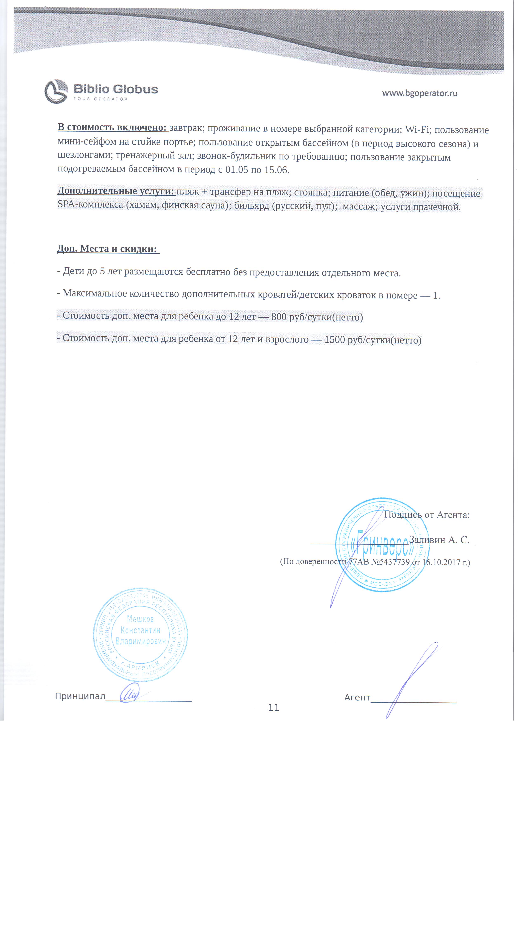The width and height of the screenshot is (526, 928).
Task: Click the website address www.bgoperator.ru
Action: click(x=420, y=93)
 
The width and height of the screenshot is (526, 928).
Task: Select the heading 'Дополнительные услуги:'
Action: click(x=116, y=191)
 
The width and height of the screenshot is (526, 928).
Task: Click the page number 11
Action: click(x=273, y=708)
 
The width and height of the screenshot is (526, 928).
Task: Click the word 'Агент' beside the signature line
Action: click(x=357, y=697)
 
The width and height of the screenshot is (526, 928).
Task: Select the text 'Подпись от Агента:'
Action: click(x=427, y=515)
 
